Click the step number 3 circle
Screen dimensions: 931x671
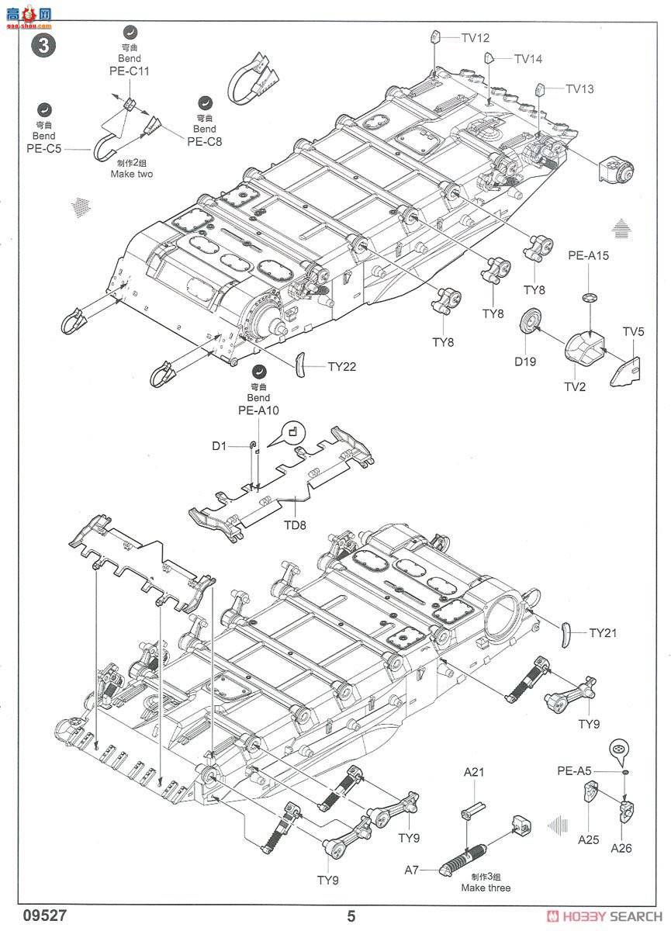43,44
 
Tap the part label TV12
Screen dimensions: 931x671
475,38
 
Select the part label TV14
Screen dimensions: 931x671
527,59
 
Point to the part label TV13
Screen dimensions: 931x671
579,89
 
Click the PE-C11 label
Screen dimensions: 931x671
129,71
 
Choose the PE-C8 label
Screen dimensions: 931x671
204,141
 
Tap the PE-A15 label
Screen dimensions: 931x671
590,255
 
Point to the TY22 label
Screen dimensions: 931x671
341,366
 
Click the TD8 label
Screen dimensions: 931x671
295,524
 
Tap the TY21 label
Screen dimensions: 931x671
602,633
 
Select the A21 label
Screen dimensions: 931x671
474,772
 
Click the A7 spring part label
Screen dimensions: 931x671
411,870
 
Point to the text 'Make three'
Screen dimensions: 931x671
486,888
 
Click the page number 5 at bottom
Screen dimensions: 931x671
351,915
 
